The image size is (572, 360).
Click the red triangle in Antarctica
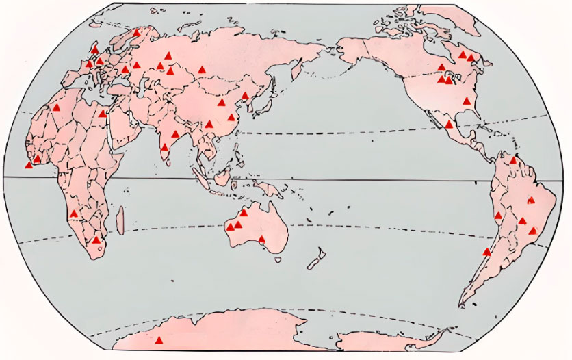(159, 340)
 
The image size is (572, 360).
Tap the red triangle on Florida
(467, 101)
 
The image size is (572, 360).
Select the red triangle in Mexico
(449, 125)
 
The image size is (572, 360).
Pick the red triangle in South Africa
(96, 240)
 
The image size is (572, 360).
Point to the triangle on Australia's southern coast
(261, 239)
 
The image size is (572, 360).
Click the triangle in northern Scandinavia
(137, 33)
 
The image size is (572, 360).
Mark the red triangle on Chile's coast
(486, 252)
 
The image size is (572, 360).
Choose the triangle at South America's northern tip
(513, 160)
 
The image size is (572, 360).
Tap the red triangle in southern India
(164, 147)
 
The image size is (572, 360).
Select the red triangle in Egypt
(103, 114)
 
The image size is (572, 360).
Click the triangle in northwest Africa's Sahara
(57, 107)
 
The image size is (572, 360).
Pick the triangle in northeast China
(245, 96)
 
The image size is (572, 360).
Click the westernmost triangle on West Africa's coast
(28, 165)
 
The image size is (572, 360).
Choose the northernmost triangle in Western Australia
(244, 213)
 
